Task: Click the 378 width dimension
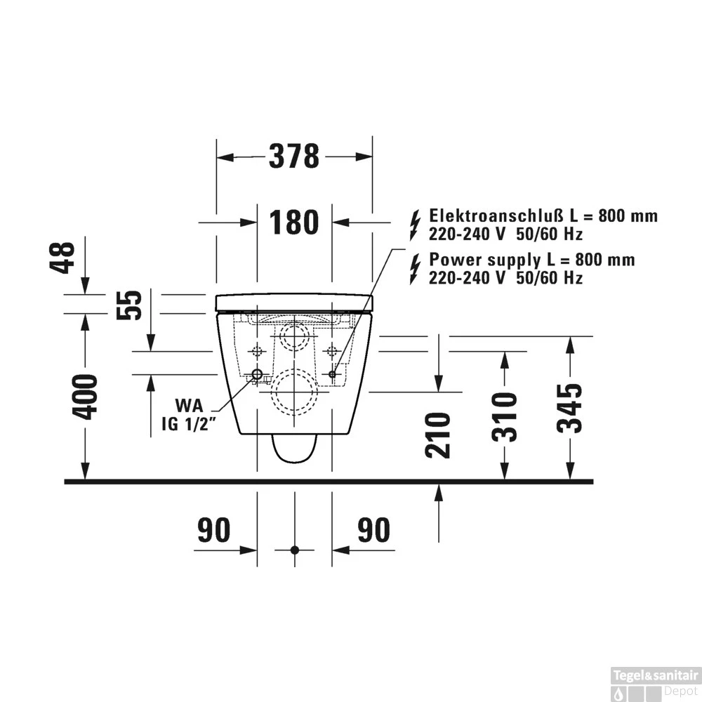(x=294, y=157)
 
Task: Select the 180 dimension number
(x=294, y=223)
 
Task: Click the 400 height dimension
(x=86, y=397)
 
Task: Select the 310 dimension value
(x=504, y=417)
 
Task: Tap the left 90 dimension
(x=213, y=530)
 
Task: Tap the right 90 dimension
(x=373, y=530)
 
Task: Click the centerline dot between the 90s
(x=294, y=549)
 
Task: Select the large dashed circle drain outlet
(x=294, y=392)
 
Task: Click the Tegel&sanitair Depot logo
(x=654, y=682)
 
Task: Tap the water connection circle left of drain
(x=257, y=374)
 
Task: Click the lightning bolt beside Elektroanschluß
(x=416, y=216)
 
